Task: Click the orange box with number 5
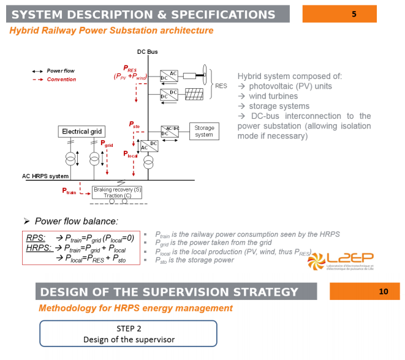pos(353,14)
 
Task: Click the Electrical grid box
pos(82,132)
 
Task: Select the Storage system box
pos(204,130)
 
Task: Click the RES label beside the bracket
pos(221,86)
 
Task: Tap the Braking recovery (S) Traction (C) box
pos(118,193)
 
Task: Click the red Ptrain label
pos(69,192)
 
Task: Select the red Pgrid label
pos(107,144)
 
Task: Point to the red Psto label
pos(135,124)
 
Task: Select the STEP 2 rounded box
pos(129,334)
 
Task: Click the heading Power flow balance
pos(76,221)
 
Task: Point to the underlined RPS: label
pos(36,238)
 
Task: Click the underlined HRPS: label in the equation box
pos(38,248)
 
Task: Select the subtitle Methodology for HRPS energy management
pos(135,308)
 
